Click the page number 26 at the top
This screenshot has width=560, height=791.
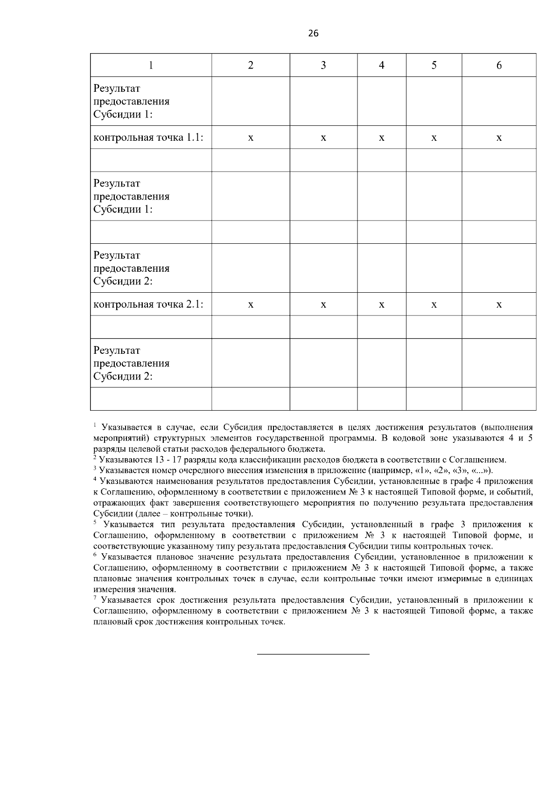313,33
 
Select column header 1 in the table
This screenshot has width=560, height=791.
151,65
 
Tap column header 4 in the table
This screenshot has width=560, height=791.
381,65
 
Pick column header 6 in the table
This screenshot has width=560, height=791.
499,65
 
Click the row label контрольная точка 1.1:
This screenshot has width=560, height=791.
148,138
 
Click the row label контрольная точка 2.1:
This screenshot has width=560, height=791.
148,304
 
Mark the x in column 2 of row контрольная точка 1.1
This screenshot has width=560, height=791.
251,138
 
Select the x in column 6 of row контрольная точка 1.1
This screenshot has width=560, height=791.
499,138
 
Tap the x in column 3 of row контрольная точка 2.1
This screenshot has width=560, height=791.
323,305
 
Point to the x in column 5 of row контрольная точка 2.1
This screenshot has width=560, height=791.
434,305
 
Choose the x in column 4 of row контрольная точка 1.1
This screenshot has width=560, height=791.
381,138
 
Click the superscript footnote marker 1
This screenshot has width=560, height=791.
95,425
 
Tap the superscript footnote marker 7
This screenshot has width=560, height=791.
95,598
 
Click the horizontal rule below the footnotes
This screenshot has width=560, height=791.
313,654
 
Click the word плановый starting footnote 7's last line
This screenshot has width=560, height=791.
110,622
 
